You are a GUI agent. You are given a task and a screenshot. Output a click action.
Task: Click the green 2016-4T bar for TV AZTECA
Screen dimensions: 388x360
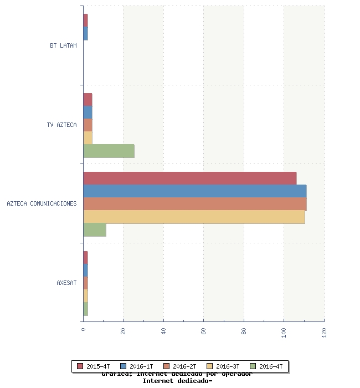(x=109, y=151)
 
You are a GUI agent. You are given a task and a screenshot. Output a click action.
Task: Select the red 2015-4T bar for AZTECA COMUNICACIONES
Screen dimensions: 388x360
(x=189, y=178)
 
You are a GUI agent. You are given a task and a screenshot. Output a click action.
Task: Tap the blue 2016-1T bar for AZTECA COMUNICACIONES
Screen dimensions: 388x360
(x=194, y=191)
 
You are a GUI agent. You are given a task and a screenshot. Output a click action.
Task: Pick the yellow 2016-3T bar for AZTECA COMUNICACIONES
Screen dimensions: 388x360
(x=194, y=217)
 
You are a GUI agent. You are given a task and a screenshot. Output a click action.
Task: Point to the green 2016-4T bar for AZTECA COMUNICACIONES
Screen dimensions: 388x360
(x=94, y=230)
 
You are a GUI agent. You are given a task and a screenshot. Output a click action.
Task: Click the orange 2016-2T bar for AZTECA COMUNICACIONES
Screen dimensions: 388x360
(x=194, y=204)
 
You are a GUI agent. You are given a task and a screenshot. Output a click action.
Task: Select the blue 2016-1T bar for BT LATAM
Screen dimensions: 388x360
(x=85, y=33)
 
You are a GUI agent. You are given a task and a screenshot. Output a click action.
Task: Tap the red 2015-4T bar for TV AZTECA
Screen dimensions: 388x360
(x=88, y=99)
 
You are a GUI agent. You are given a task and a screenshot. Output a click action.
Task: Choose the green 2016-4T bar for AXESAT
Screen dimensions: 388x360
(x=85, y=309)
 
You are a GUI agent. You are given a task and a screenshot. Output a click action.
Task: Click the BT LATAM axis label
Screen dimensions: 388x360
(x=63, y=45)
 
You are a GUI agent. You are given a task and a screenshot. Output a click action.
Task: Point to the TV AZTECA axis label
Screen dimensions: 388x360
(x=62, y=125)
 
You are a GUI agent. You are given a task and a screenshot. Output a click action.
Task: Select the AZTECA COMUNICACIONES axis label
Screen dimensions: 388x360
(x=42, y=203)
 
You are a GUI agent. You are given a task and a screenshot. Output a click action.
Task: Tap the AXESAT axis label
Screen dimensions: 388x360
(x=66, y=283)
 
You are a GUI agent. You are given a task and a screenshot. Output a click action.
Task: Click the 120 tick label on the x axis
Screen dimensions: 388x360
(x=324, y=332)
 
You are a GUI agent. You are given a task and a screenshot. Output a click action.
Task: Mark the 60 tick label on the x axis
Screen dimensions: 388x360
(x=204, y=331)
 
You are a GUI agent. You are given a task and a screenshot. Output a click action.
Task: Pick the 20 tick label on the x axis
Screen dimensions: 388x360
(x=124, y=331)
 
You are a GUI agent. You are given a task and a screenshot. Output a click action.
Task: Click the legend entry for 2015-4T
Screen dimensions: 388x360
(x=94, y=366)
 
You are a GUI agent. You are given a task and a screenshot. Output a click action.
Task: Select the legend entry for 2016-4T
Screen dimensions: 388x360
(x=266, y=366)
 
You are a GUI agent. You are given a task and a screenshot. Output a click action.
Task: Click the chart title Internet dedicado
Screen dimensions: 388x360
(x=177, y=381)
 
